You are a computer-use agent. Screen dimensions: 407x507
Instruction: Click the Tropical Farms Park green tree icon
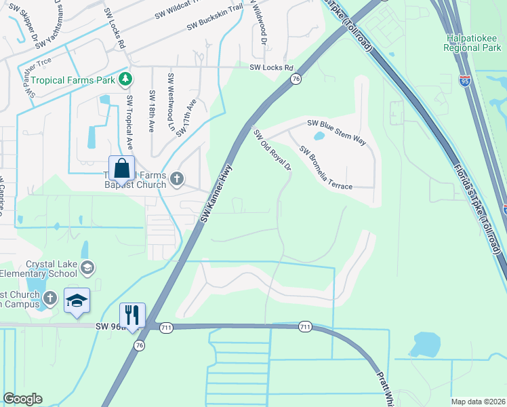click(x=125, y=80)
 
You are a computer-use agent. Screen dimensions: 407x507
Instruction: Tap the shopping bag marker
click(x=121, y=168)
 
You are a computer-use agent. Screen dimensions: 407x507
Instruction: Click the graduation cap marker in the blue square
click(x=77, y=300)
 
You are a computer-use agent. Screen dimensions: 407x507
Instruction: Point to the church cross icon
click(x=176, y=179)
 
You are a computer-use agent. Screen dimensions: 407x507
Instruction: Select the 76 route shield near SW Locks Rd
click(x=296, y=79)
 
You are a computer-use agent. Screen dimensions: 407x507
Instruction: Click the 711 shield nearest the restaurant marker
click(x=166, y=328)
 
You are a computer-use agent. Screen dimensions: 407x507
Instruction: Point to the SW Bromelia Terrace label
click(x=325, y=168)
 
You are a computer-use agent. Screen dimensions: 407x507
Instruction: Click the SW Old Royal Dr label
click(x=272, y=151)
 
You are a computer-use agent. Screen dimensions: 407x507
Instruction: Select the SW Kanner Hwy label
click(x=216, y=193)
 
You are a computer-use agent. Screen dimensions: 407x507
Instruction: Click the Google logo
click(x=22, y=399)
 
